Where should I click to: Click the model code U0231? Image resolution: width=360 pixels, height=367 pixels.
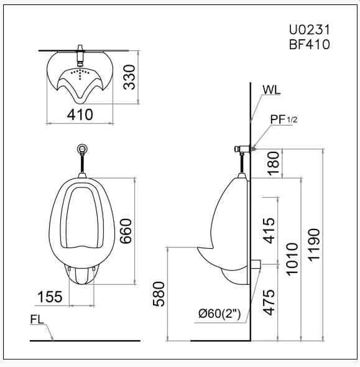tap(308, 29)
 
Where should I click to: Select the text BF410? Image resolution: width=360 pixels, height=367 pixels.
tap(308, 44)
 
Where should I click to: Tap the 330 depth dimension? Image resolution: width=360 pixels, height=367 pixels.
tap(129, 77)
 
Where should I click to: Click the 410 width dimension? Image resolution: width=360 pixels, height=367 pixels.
tap(80, 114)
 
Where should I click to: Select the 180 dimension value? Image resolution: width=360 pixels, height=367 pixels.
tap(271, 163)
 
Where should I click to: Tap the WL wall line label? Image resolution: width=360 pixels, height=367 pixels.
tap(271, 90)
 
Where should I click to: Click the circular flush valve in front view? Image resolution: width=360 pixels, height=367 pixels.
tap(83, 149)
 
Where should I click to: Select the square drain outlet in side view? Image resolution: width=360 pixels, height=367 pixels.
tap(255, 263)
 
